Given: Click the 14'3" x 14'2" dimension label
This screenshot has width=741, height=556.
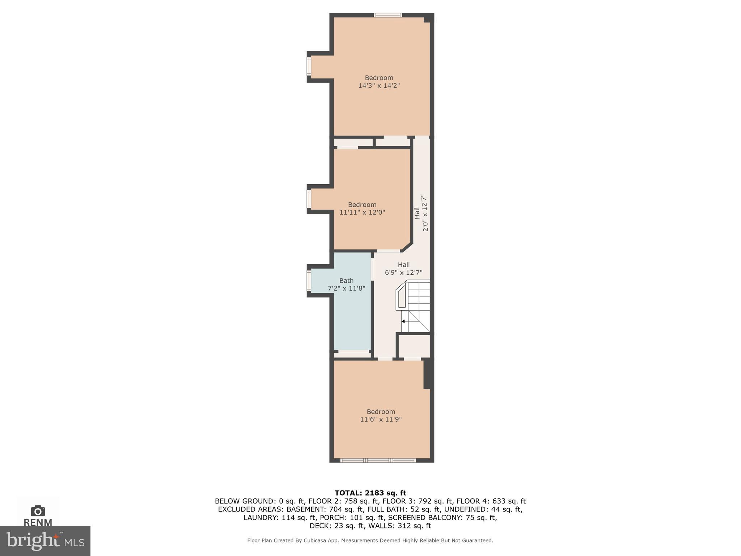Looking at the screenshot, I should coord(379,86).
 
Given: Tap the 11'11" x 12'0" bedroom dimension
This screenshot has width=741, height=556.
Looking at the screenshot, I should coord(362,212).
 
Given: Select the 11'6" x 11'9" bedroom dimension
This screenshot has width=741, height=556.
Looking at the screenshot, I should coord(381,420).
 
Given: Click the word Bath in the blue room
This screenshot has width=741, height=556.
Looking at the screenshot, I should coord(346,281).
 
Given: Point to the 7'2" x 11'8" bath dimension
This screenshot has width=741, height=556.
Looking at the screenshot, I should coord(346,288).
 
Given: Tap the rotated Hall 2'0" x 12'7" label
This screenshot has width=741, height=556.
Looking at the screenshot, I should coord(421,213).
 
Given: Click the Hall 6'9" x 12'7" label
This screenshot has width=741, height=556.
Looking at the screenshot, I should coord(403,269).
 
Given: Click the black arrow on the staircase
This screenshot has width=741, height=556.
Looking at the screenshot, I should coord(403,321).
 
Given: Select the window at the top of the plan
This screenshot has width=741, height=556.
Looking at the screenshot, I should coord(388,15).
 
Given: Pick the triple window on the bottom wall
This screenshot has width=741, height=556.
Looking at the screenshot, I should coord(378,460).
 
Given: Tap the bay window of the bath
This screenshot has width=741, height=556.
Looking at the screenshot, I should coord(309,281).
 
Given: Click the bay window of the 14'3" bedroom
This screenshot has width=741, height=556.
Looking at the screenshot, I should coord(309,67).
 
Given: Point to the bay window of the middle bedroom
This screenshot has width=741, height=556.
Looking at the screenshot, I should coord(309,199).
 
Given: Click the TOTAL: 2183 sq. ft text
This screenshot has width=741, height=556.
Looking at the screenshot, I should coord(370,493).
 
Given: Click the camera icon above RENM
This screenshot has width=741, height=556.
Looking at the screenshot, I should coord(38,511).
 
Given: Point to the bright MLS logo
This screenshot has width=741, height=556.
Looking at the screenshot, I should coord(45,541).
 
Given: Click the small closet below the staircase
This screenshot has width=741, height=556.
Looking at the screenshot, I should coord(414,346).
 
